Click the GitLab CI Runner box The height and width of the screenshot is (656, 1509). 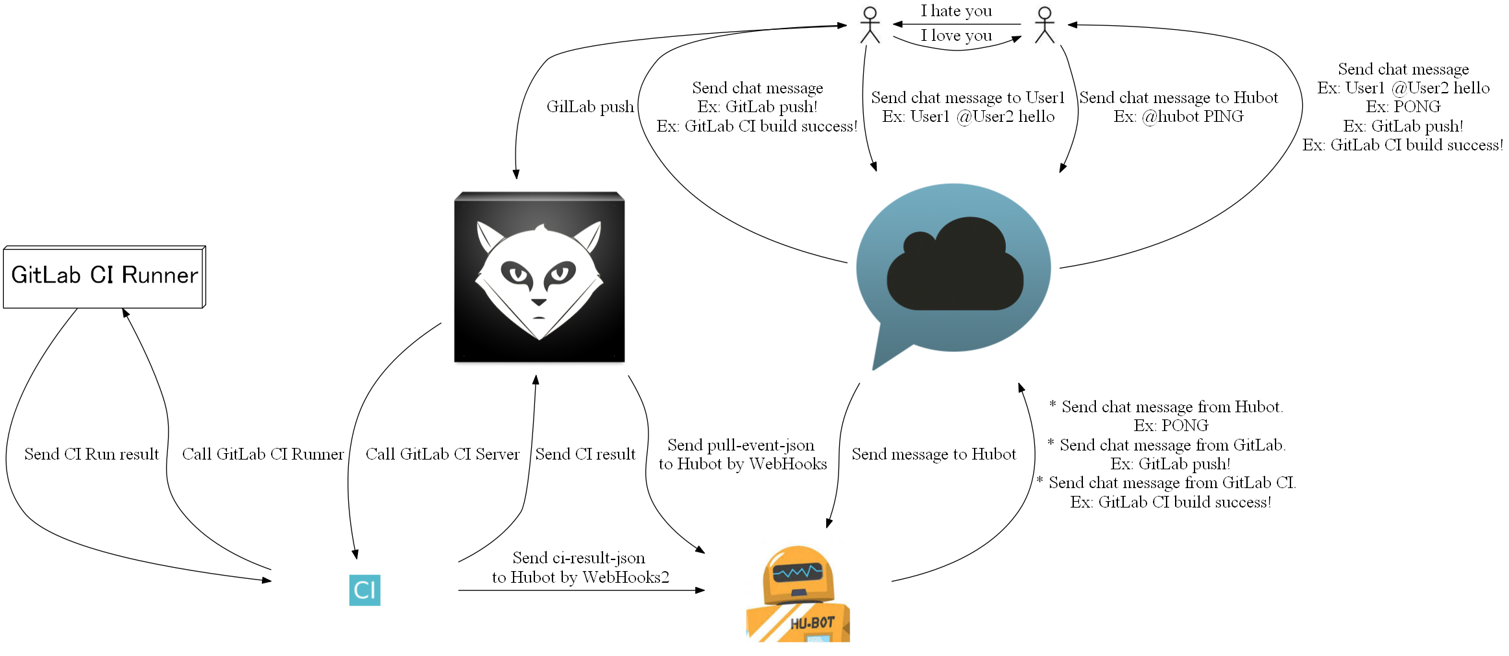pos(104,276)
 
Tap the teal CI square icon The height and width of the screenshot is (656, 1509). pos(364,590)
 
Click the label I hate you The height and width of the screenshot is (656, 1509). pos(956,11)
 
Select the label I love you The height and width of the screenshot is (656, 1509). pos(956,36)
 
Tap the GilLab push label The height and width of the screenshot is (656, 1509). pos(589,107)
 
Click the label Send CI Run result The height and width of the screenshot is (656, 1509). pos(91,454)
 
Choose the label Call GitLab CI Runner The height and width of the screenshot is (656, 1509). pos(263,454)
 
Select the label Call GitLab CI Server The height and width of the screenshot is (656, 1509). pos(442,454)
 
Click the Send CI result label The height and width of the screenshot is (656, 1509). pos(585,454)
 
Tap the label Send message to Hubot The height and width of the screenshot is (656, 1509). pos(933,454)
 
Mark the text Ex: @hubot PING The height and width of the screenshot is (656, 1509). pos(1178,117)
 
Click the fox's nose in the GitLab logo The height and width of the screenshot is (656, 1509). pos(539,302)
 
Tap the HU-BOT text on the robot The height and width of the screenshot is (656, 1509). pos(812,624)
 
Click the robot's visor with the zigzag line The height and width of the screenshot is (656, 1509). pos(797,572)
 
